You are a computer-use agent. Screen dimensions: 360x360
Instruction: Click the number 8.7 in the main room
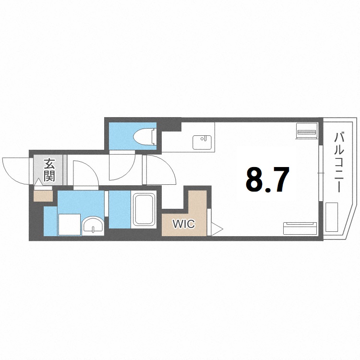click(267, 179)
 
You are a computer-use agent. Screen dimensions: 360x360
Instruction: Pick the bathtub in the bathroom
click(145, 211)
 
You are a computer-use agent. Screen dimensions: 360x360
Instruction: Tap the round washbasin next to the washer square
click(93, 225)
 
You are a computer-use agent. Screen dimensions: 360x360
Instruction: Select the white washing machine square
click(70, 224)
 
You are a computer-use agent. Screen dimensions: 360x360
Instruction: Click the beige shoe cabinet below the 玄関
click(43, 195)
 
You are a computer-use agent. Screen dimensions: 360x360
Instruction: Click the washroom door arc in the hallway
click(85, 172)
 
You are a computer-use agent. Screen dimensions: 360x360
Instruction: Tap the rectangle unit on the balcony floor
click(332, 217)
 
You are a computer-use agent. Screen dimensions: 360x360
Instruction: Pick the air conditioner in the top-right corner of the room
click(306, 130)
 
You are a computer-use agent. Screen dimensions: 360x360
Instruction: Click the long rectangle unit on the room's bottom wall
click(300, 228)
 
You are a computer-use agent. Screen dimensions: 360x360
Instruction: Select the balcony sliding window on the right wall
click(320, 172)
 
